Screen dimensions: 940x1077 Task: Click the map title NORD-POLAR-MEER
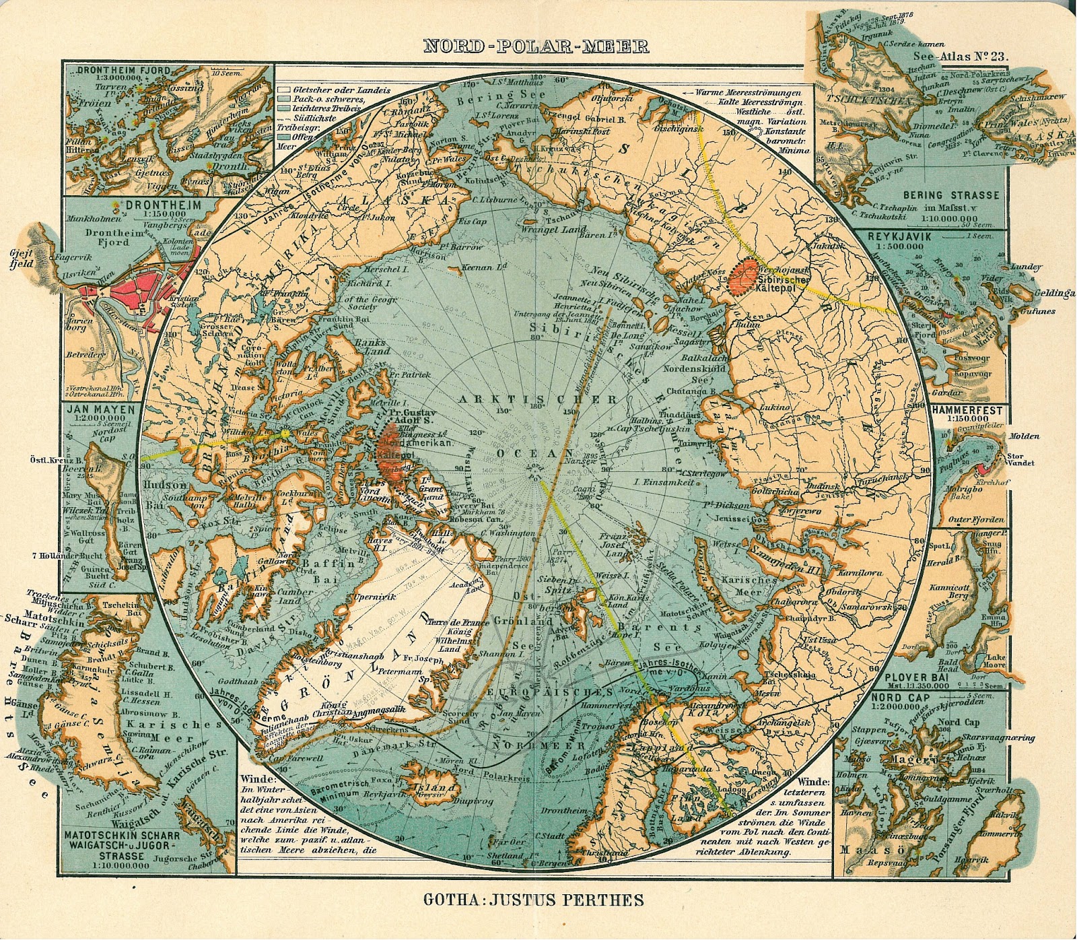point(536,46)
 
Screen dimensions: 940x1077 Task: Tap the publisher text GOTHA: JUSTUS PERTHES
point(534,900)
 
